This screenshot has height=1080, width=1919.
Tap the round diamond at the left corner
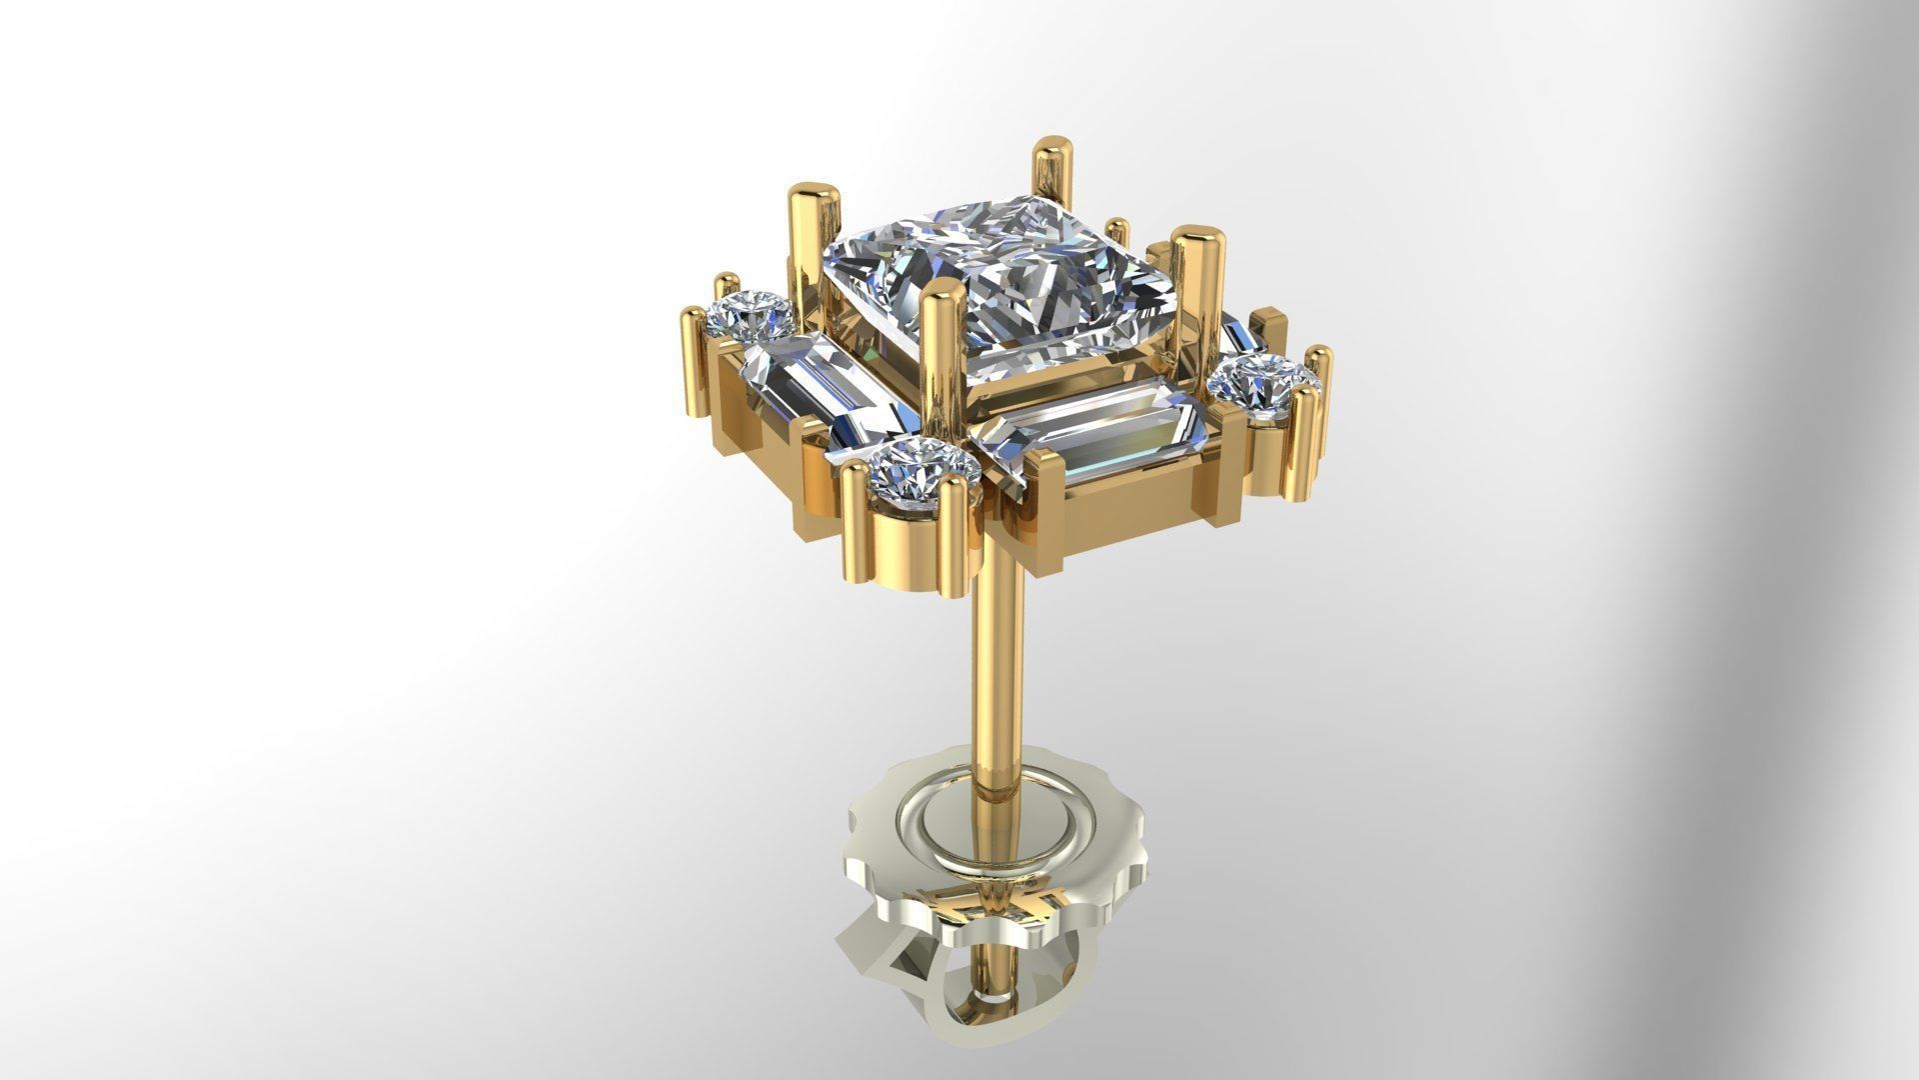click(750, 313)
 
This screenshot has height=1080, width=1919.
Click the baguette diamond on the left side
click(810, 385)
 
